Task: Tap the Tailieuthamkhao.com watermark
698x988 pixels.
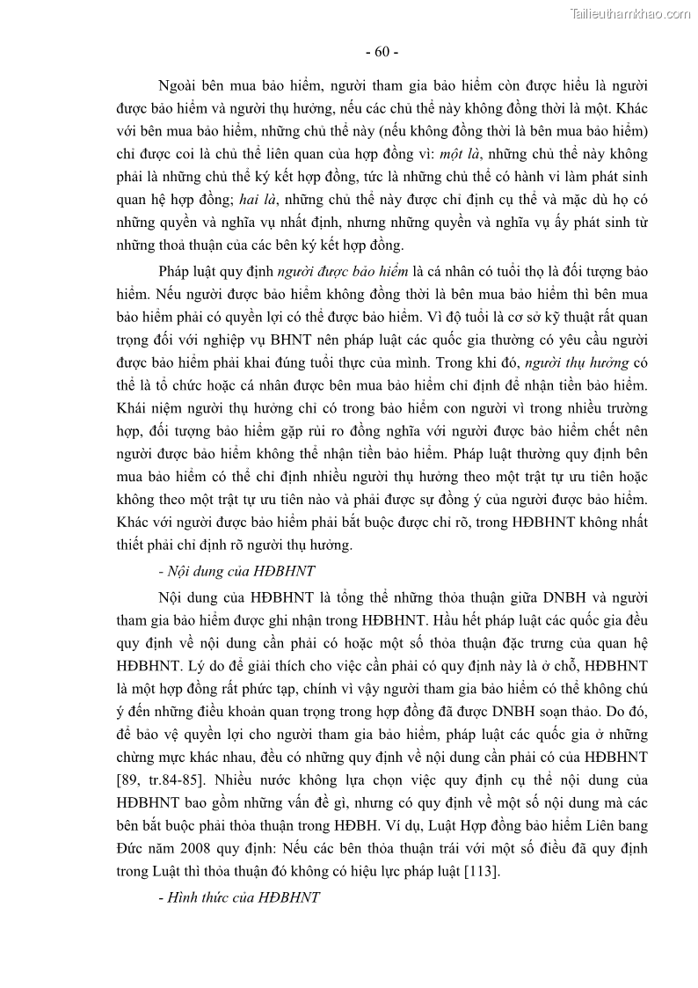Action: coord(629,13)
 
